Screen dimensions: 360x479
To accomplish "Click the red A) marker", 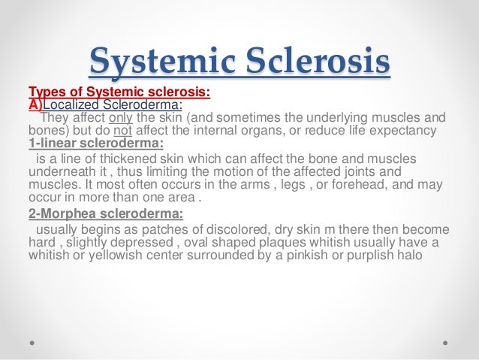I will pos(36,105).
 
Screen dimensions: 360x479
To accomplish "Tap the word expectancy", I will pos(403,131).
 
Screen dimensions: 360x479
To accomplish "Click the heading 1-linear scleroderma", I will pos(96,144).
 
